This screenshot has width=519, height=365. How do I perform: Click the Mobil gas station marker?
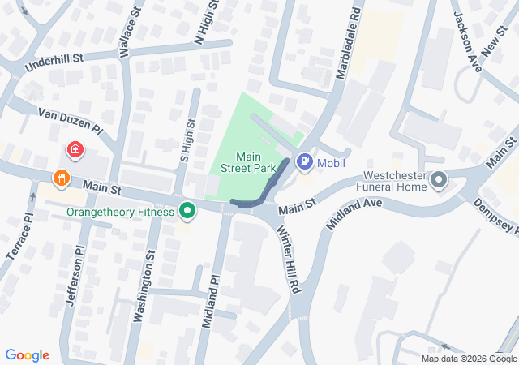(x=304, y=162)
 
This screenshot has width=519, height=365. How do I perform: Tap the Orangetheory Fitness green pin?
(x=188, y=213)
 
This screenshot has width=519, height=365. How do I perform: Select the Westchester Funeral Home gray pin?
(x=440, y=180)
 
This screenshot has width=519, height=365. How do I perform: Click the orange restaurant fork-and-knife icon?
(x=60, y=178)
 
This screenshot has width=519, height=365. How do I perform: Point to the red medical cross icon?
(x=75, y=150)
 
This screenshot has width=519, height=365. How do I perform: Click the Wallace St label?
(x=125, y=36)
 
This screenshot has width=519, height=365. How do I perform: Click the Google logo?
(x=28, y=355)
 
